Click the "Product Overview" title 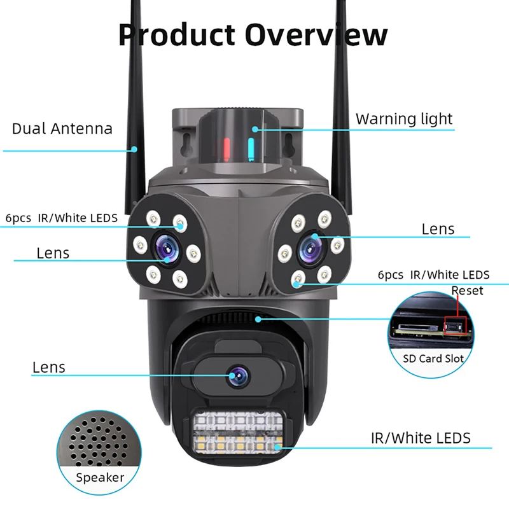click(253, 34)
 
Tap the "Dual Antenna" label click(62, 129)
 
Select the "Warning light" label click(404, 119)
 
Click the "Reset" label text click(468, 291)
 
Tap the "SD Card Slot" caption click(434, 358)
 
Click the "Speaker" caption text click(101, 477)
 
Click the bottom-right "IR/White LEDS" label click(421, 438)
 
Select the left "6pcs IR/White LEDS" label click(62, 218)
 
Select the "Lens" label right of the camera click(438, 228)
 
